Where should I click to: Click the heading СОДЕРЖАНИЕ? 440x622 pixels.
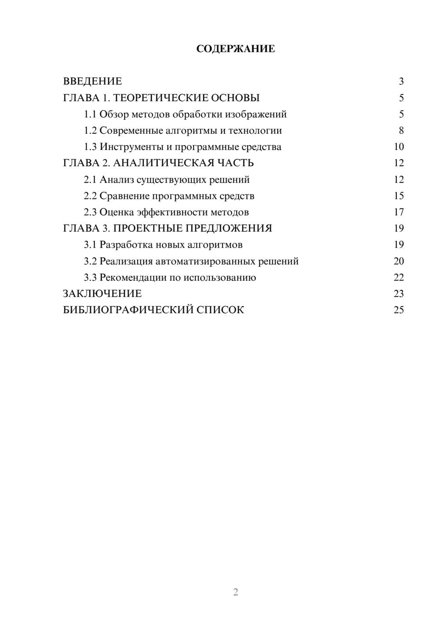coord(235,49)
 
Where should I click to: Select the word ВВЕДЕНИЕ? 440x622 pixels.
coord(92,81)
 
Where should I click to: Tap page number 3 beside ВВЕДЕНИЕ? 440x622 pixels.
coord(401,81)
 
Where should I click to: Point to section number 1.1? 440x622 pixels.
coord(90,114)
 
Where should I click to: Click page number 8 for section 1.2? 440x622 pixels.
coord(401,131)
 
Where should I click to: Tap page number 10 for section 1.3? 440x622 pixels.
coord(399,147)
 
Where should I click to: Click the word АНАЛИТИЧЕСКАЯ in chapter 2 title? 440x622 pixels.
coord(164,163)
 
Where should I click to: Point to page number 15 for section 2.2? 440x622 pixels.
coord(399,196)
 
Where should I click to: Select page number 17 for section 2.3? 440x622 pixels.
coord(399,212)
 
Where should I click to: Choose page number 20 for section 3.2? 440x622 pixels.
coord(399,261)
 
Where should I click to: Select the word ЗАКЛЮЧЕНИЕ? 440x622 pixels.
coord(102,294)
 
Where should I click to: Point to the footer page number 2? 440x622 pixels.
coord(235,592)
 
